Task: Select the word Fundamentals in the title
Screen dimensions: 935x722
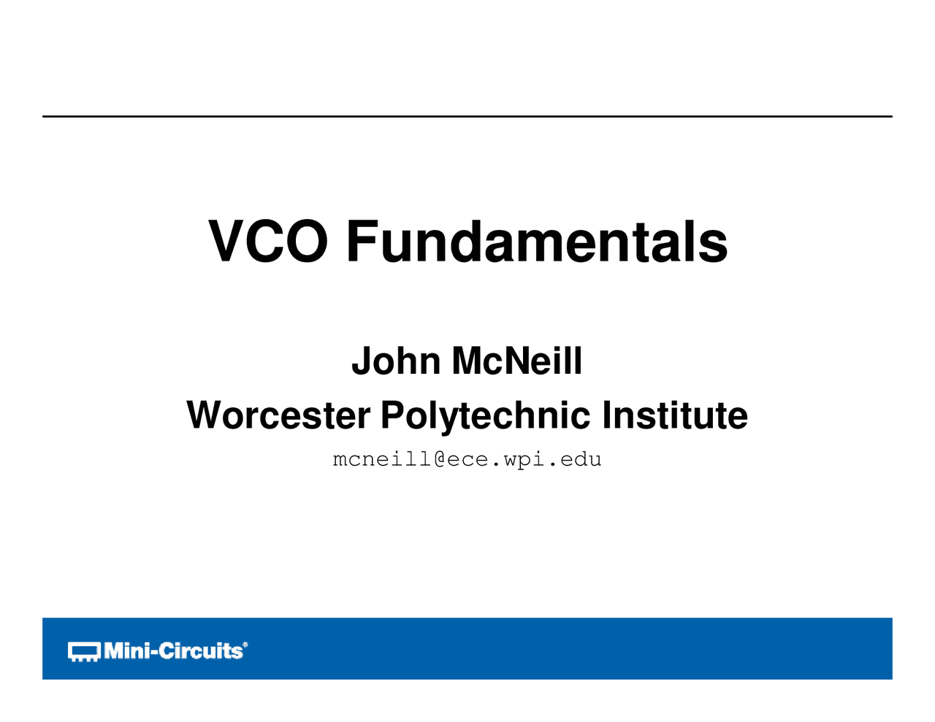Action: coord(537,241)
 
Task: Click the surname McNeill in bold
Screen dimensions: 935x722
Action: coord(517,361)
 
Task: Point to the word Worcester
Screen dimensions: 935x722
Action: coord(278,415)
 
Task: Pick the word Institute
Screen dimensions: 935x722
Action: coord(675,415)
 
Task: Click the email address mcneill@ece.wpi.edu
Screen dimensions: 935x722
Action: coord(467,460)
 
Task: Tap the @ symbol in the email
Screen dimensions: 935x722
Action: coord(439,460)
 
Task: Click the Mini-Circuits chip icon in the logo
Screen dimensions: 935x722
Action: coord(84,651)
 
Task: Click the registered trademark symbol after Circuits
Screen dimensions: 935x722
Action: coord(245,644)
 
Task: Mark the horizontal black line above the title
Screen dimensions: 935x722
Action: coord(467,116)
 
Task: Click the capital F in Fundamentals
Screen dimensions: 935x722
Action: coord(362,241)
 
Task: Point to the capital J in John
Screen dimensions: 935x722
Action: coord(362,361)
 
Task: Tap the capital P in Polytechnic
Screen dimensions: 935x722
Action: coord(393,415)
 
